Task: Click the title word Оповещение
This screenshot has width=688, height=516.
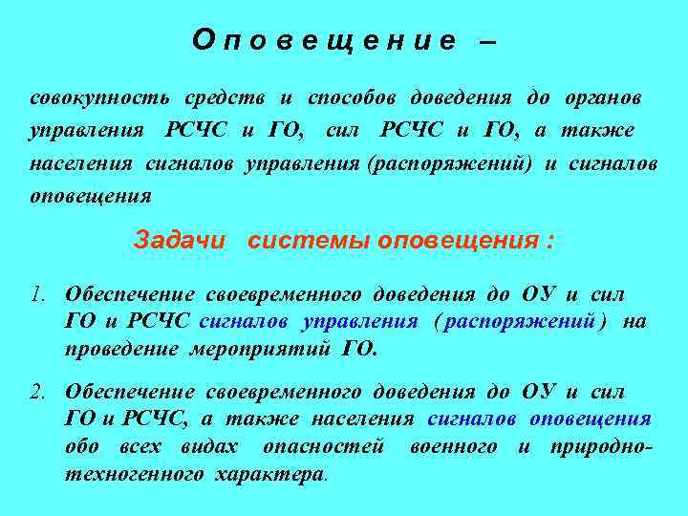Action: [325, 40]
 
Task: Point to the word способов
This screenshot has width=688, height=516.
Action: [353, 98]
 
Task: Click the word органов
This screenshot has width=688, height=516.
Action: [601, 98]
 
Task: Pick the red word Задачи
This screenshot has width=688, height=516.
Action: [179, 240]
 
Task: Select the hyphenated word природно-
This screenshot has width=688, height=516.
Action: [601, 446]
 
